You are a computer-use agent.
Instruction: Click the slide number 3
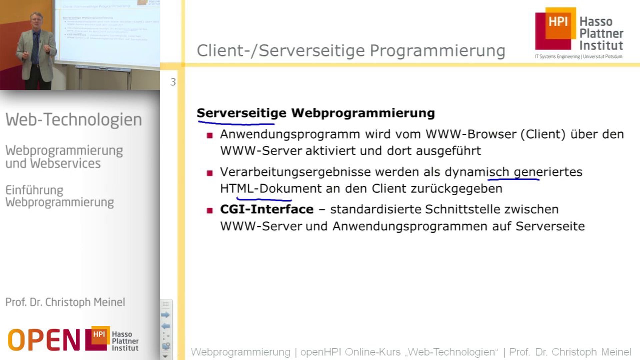173,82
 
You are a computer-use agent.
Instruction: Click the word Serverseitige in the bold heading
241,113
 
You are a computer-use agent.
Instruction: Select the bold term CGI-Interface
267,209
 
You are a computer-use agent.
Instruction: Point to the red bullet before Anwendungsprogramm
210,135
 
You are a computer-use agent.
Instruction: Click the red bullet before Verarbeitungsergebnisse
210,173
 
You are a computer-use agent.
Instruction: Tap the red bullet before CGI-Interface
210,210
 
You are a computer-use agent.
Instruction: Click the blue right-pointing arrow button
165,315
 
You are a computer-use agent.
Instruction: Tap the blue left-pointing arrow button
165,326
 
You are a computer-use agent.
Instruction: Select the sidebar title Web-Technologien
74,120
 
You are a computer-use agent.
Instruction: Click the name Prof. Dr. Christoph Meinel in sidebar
65,302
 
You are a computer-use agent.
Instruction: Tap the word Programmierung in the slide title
437,51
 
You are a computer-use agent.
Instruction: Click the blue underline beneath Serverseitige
236,123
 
